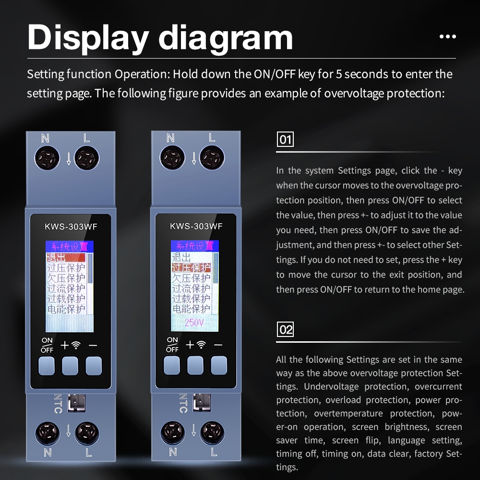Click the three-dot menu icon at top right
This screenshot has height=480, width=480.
(x=447, y=36)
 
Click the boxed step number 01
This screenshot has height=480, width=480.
(x=285, y=139)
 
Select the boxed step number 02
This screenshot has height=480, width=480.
(x=285, y=329)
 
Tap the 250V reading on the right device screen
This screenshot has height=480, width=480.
(x=194, y=323)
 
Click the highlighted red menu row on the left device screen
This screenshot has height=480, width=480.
(x=66, y=257)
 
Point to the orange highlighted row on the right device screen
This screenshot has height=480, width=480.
(x=192, y=267)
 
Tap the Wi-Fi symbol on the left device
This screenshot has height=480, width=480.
(x=76, y=345)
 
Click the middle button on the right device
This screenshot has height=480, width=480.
(x=195, y=365)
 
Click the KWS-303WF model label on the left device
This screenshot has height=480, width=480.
(x=71, y=227)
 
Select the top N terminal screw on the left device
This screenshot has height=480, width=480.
(x=47, y=158)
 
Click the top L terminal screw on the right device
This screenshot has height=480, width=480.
(x=212, y=158)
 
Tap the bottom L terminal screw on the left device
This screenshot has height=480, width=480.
(x=87, y=433)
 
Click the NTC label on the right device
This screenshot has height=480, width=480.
(x=183, y=403)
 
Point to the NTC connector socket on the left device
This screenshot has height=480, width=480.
(x=76, y=403)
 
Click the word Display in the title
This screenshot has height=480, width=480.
(x=88, y=37)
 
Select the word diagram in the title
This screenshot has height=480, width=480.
(x=226, y=37)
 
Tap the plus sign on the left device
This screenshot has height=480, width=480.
(x=65, y=345)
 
